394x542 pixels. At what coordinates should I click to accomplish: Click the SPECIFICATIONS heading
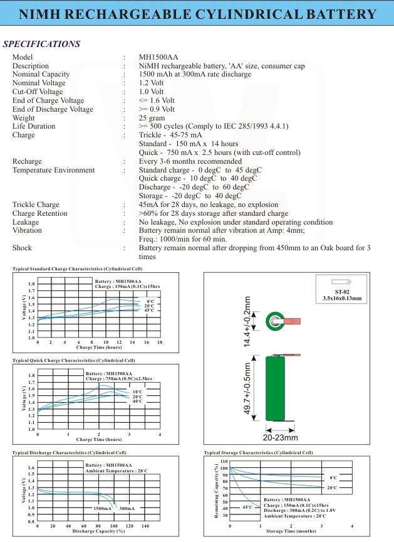tap(41, 44)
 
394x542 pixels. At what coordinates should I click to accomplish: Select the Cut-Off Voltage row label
tap(38, 92)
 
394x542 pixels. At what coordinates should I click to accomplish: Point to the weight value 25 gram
tap(152, 118)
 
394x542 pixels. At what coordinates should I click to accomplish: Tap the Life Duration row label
tap(34, 126)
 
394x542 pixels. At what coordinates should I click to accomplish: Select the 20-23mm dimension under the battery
tap(279, 437)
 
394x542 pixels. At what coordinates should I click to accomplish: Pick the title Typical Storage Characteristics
tap(258, 452)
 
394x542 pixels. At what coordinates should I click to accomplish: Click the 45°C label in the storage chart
tap(247, 507)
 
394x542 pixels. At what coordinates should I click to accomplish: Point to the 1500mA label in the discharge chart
tap(102, 507)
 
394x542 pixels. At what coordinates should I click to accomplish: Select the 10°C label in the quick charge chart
tap(137, 391)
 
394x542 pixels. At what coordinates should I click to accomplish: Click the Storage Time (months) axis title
tap(291, 531)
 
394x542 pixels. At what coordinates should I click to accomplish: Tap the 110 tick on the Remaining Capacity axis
tap(224, 462)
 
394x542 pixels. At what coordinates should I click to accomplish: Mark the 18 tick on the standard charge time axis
tap(160, 342)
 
